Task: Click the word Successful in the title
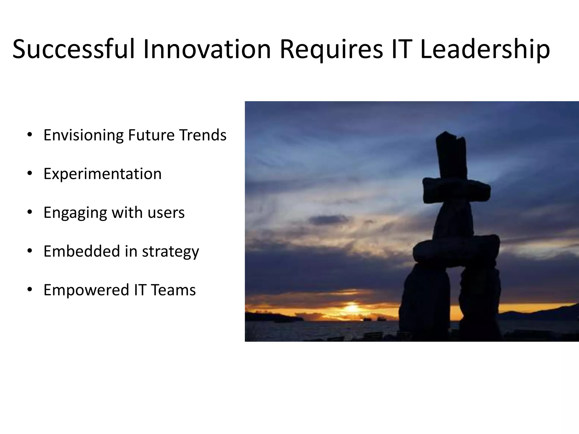click(74, 49)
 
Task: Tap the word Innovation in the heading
click(207, 49)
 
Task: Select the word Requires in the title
click(331, 49)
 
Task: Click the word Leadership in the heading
click(485, 49)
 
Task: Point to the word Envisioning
click(83, 135)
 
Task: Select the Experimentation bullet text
click(102, 173)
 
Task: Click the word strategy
click(170, 251)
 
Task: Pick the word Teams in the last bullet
click(173, 290)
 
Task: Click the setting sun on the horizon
click(352, 308)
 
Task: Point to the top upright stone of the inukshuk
click(451, 155)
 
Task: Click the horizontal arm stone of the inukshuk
click(456, 191)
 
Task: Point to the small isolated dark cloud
click(328, 220)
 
